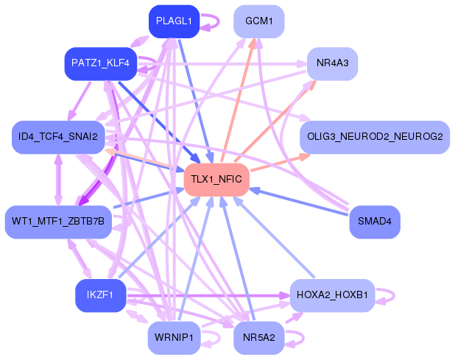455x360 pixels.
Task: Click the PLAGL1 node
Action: coord(174,21)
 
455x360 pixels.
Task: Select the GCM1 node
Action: coord(258,21)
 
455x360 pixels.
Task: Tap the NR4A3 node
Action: coord(332,63)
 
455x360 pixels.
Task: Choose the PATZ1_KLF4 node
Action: coord(100,63)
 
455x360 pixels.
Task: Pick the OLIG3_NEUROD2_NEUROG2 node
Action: coord(374,137)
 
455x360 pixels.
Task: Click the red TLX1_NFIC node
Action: coord(216,179)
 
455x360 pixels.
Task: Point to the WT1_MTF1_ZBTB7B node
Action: coord(57,221)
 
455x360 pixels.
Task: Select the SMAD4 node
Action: coord(374,221)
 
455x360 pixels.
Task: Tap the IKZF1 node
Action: coord(100,295)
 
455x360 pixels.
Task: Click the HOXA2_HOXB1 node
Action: coord(332,295)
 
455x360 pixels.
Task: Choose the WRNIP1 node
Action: coord(174,337)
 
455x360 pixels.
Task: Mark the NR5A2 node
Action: coord(258,337)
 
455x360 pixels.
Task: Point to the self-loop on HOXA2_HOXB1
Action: coord(393,295)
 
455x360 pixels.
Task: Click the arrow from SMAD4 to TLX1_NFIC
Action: coord(302,201)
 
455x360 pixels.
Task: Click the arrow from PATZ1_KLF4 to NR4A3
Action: coord(221,63)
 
